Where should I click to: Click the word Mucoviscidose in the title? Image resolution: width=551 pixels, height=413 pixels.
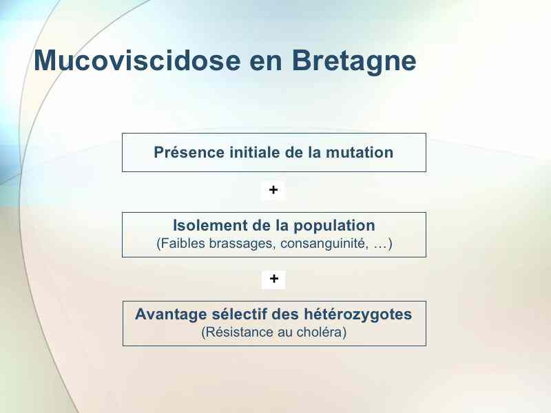coord(137,61)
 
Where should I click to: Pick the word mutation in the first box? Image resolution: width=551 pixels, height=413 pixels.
coord(360,152)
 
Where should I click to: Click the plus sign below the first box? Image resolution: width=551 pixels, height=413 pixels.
coord(273,190)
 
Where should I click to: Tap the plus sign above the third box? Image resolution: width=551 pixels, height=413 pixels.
coord(273,279)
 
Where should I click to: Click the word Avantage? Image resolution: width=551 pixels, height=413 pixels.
coord(171,315)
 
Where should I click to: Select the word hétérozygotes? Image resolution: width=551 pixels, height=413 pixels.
coord(357,315)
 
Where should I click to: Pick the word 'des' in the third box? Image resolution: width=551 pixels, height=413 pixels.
coord(285,314)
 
